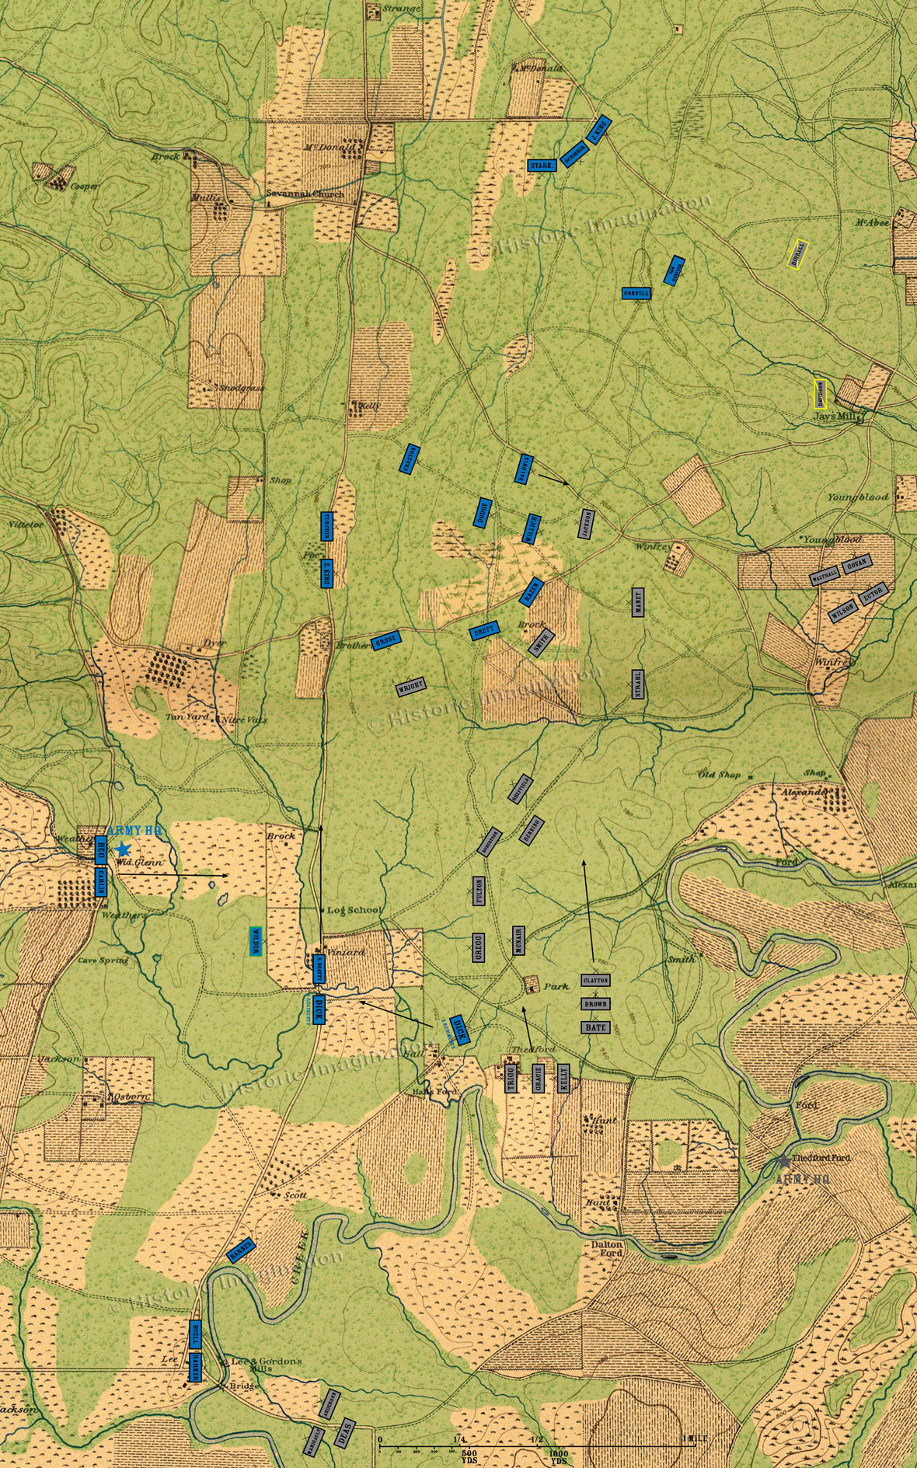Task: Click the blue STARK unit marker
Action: point(541,166)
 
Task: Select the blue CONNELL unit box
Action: point(636,294)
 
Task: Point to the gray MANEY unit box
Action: point(638,602)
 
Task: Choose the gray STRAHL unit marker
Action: point(638,683)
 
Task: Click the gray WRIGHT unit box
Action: point(410,687)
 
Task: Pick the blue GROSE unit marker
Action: point(386,641)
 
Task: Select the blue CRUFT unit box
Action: point(484,633)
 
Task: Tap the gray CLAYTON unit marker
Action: point(595,981)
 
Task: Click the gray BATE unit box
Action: point(595,1027)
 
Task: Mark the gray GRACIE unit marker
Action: point(537,1079)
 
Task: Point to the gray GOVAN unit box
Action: point(856,563)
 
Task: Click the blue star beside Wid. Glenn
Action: point(122,849)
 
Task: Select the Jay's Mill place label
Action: point(835,417)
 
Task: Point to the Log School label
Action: point(354,910)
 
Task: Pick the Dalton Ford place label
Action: point(607,1248)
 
